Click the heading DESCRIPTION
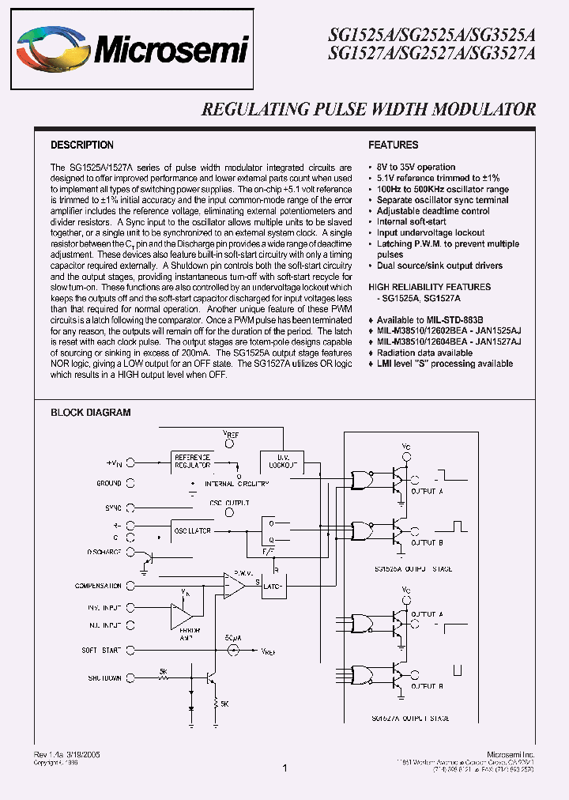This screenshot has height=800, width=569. (82, 145)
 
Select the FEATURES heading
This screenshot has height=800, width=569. (394, 145)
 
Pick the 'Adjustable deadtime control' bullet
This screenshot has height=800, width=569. (433, 211)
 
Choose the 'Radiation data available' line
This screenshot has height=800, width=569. (424, 353)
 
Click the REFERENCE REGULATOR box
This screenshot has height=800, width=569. (193, 462)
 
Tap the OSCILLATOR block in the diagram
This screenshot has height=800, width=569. (193, 531)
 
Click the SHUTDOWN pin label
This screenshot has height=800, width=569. (104, 677)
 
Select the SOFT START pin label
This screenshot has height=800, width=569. (100, 650)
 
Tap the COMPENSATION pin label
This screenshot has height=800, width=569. (98, 586)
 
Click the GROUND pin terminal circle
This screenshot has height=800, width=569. (130, 482)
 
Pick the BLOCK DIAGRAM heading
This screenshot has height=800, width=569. (91, 413)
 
